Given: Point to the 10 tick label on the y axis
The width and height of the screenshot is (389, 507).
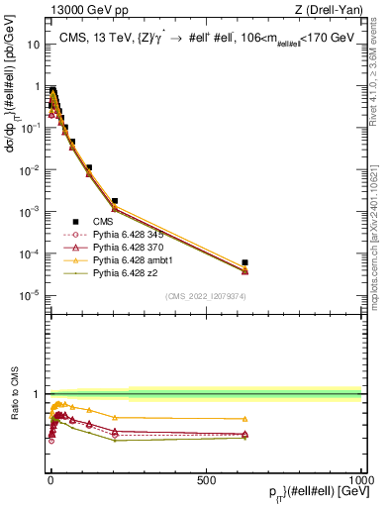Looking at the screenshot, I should [33, 45].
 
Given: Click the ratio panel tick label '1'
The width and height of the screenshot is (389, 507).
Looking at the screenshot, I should [38, 394].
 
